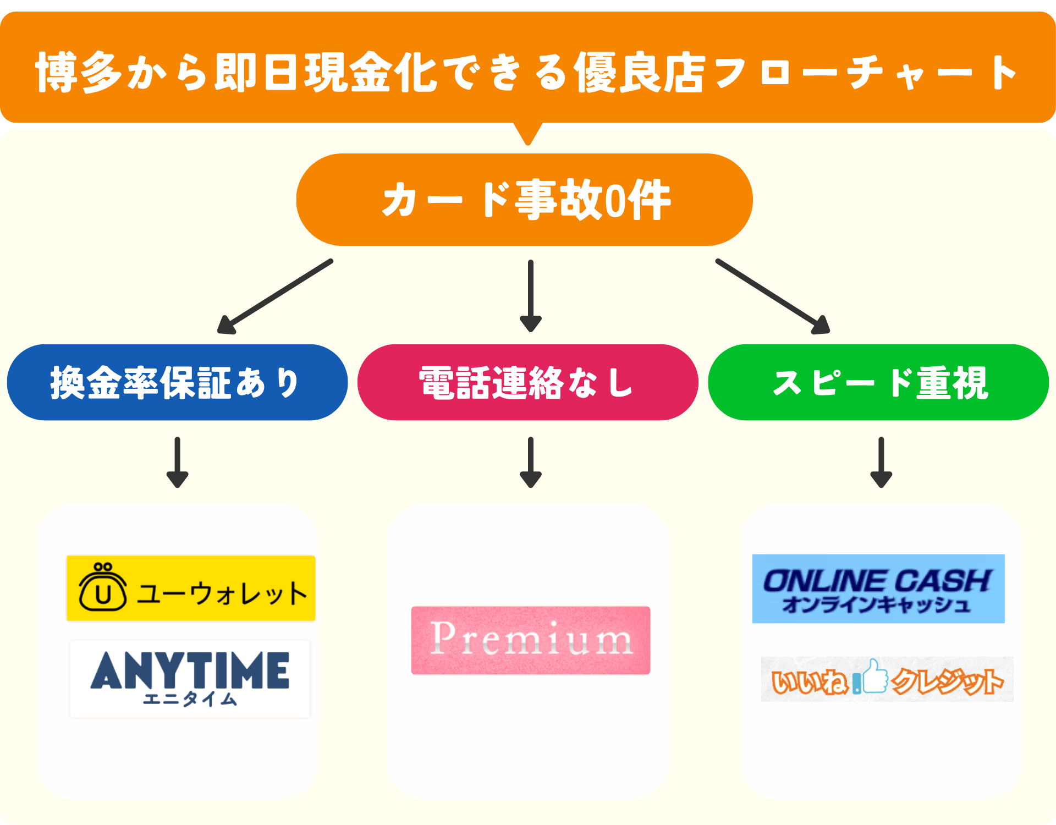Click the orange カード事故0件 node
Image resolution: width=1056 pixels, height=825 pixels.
pos(524,200)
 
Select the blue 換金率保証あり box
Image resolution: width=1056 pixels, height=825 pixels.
pos(177,382)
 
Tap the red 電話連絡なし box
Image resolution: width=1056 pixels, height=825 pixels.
pos(527,382)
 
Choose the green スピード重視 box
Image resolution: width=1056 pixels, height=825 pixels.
pos(878,382)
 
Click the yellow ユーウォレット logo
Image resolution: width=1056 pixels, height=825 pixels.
pos(191,588)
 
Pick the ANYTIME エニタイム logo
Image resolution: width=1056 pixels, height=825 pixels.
pos(190,679)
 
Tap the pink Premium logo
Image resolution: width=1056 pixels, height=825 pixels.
pos(531,640)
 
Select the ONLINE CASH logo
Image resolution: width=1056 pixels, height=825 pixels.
pos(878,588)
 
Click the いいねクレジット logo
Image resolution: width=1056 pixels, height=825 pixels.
pos(887,680)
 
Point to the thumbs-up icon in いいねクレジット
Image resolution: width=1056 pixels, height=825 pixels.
pos(875,676)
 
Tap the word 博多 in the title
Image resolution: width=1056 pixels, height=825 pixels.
pos(79,73)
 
